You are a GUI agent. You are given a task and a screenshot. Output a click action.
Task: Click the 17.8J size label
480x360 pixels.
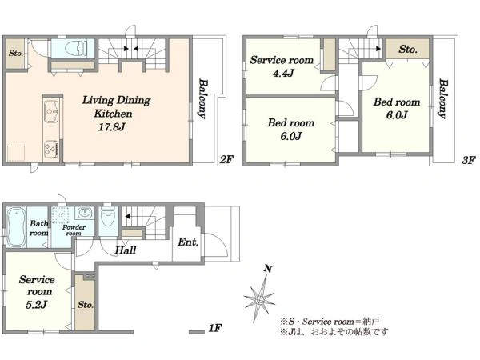[x=111, y=127]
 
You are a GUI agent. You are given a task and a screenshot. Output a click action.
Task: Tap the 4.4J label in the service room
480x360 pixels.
[x=283, y=73]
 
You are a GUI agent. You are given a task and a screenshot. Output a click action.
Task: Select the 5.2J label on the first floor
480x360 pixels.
[x=37, y=305]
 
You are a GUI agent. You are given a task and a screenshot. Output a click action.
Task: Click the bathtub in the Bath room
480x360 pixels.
[x=16, y=227]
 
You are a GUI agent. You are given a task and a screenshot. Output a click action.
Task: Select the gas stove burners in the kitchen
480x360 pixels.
[x=51, y=150]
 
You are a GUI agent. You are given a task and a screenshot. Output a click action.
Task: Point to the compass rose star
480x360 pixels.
[x=260, y=298]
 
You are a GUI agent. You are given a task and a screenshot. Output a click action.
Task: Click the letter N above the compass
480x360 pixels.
[x=268, y=269]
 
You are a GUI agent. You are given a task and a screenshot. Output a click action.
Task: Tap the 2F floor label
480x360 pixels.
[x=226, y=159]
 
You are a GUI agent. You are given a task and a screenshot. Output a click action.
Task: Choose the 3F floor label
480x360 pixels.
[x=469, y=160]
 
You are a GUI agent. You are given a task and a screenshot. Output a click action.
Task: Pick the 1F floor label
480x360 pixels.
[x=215, y=328]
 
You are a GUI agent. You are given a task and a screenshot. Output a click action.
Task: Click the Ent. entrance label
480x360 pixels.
[x=188, y=242]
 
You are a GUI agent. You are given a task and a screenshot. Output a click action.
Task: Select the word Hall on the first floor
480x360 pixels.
[x=126, y=250]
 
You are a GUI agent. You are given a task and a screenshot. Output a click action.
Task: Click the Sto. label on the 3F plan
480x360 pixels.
[x=408, y=49]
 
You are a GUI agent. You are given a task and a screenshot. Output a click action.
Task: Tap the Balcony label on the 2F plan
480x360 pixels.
[x=202, y=98]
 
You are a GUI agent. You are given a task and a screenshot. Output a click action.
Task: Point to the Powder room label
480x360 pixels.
[x=74, y=230]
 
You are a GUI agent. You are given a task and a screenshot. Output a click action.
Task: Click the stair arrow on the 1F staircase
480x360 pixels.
[x=127, y=217]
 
